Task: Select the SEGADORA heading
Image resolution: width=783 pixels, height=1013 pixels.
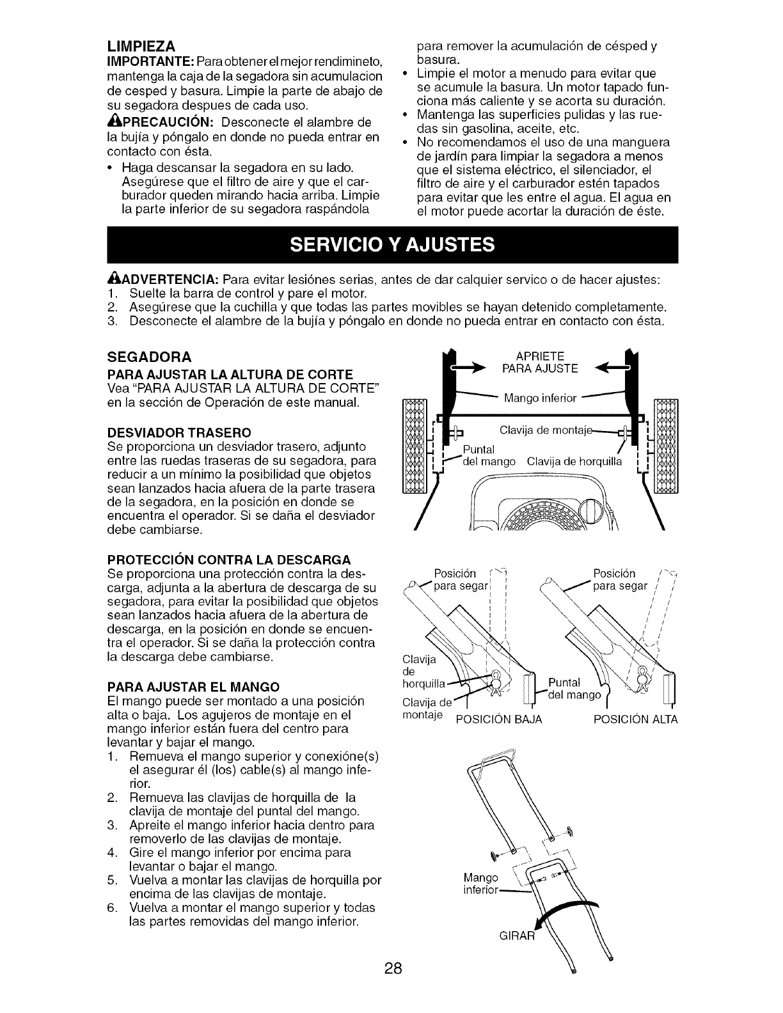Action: pyautogui.click(x=147, y=356)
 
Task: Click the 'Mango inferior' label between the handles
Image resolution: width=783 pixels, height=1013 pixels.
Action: pyautogui.click(x=541, y=398)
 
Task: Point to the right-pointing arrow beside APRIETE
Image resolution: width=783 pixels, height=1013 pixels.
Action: pyautogui.click(x=470, y=369)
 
